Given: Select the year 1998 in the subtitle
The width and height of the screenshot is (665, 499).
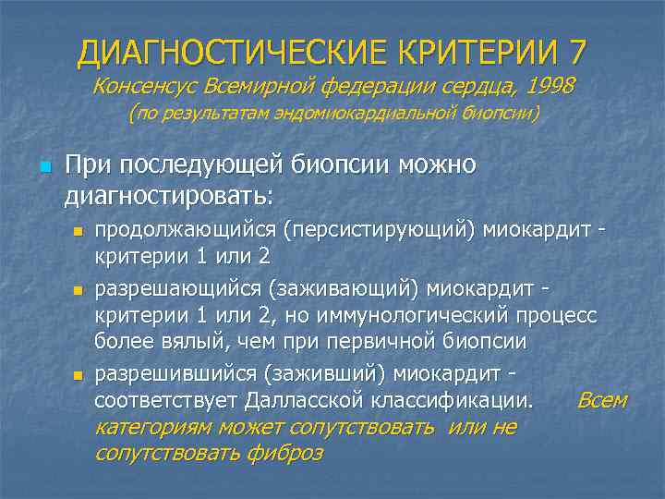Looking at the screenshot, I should (550, 86).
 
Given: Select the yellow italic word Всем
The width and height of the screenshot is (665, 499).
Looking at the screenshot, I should (601, 401).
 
